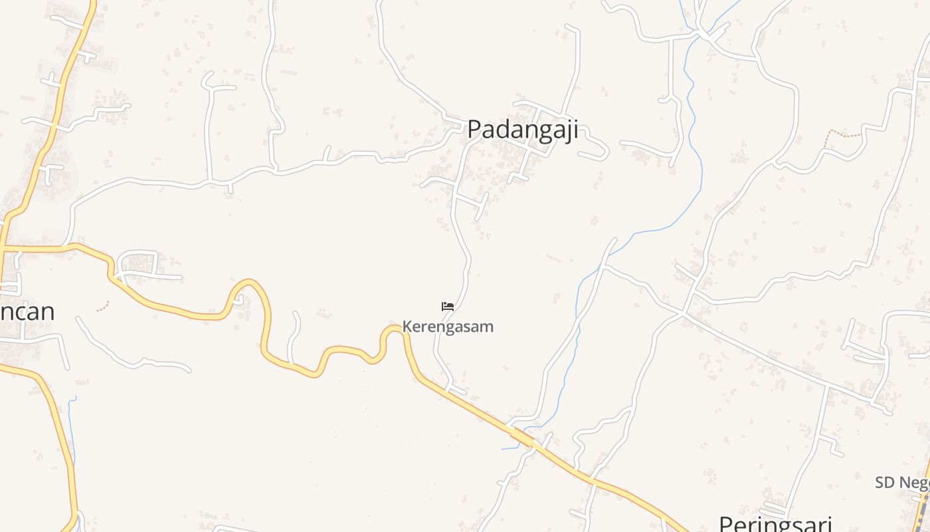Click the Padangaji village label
pyautogui.click(x=522, y=129)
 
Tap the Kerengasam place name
pyautogui.click(x=448, y=327)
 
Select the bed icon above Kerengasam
pyautogui.click(x=448, y=306)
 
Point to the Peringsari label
pyautogui.click(x=775, y=523)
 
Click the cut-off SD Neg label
pyautogui.click(x=901, y=483)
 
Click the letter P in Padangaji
pyautogui.click(x=474, y=129)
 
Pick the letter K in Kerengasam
pyautogui.click(x=407, y=327)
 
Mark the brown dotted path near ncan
pyautogui.click(x=102, y=307)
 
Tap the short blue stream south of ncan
pyautogui.click(x=72, y=426)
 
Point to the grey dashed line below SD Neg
pyautogui.click(x=922, y=512)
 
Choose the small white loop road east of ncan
pyautogui.click(x=138, y=265)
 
